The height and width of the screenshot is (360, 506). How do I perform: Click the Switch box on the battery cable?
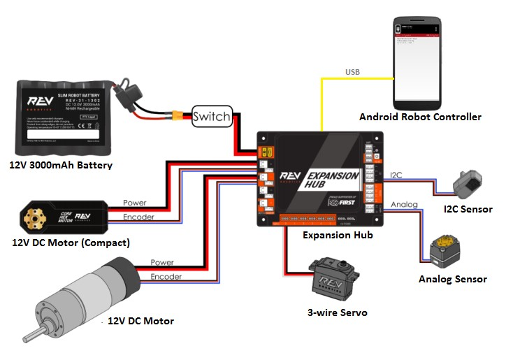click(211, 117)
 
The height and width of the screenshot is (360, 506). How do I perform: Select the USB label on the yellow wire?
click(352, 72)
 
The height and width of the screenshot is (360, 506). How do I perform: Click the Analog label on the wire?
click(403, 205)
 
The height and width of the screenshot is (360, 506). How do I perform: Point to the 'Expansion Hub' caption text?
click(338, 236)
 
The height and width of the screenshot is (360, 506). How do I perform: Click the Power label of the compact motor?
click(135, 203)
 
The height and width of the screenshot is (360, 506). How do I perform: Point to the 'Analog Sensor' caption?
click(453, 279)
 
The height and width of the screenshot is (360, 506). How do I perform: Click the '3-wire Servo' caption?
click(338, 312)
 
